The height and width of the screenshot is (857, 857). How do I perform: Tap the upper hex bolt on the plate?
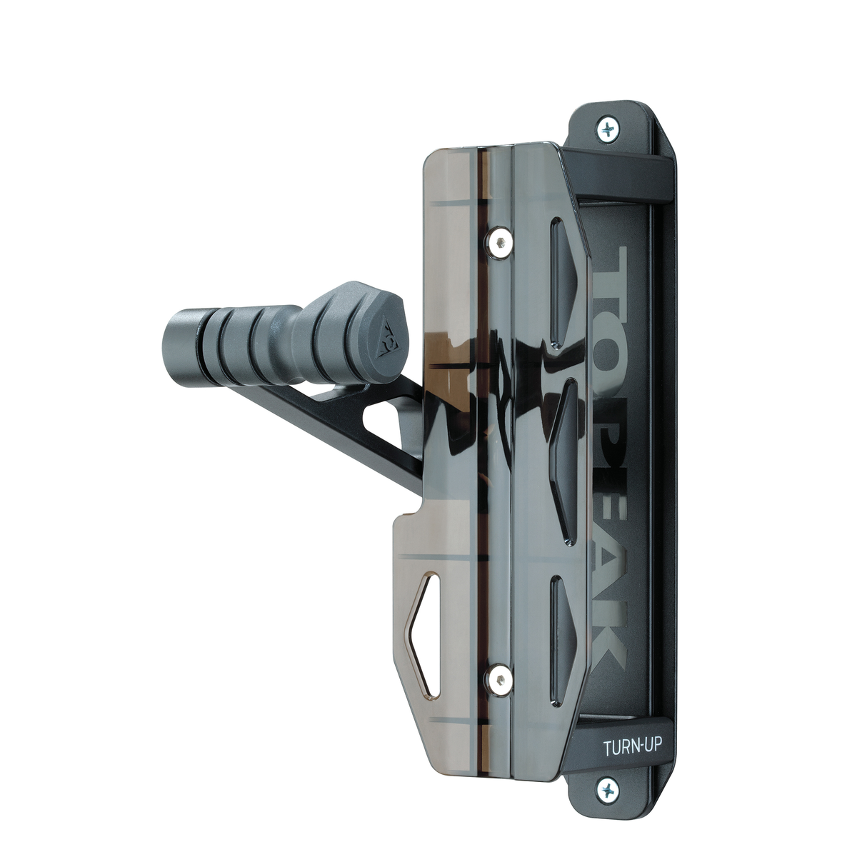tap(499, 243)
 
